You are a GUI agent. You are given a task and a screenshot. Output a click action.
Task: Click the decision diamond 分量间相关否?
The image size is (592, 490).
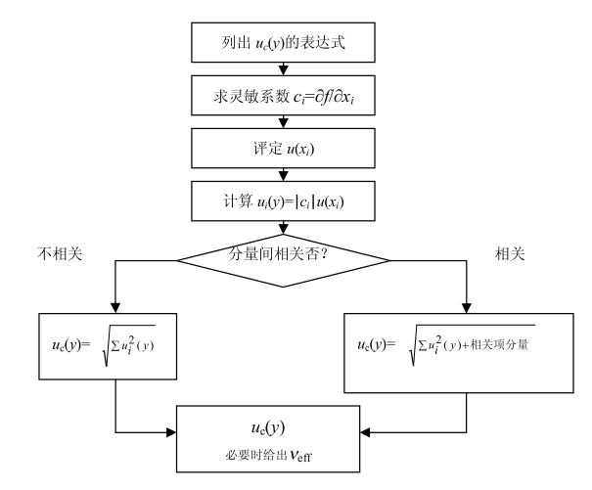click(283, 259)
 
